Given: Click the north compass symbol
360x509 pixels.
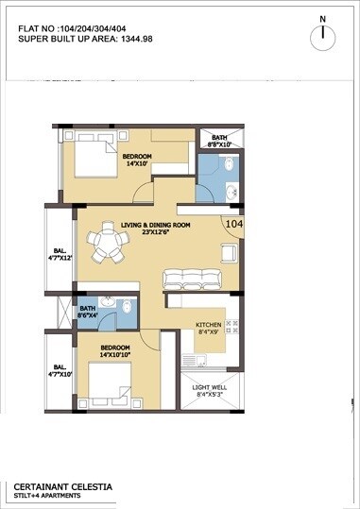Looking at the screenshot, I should pyautogui.click(x=324, y=36).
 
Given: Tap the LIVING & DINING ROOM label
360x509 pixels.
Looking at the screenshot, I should pyautogui.click(x=156, y=228).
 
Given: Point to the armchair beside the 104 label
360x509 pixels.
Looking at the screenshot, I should pyautogui.click(x=228, y=253).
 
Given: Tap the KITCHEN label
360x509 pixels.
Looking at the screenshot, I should pyautogui.click(x=208, y=328).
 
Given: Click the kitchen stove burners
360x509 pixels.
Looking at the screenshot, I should pyautogui.click(x=235, y=330).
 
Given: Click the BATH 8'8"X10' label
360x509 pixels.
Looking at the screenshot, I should pyautogui.click(x=219, y=142).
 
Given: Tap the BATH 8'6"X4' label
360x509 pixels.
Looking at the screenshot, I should pyautogui.click(x=87, y=312).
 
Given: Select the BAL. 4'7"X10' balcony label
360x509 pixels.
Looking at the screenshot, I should pyautogui.click(x=59, y=370).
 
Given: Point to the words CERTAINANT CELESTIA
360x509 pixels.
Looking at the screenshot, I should pyautogui.click(x=62, y=485).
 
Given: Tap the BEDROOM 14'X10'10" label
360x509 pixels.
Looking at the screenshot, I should pyautogui.click(x=122, y=352).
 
